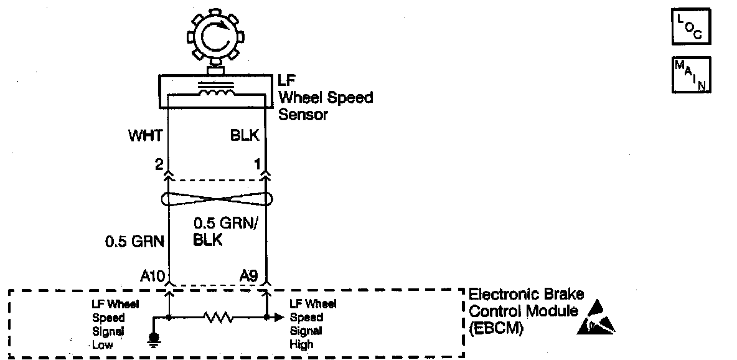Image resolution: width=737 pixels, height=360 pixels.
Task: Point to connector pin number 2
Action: tap(159, 166)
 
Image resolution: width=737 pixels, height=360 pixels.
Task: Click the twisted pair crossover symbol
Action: tap(217, 199)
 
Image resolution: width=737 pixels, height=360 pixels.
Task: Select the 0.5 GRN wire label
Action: tap(134, 242)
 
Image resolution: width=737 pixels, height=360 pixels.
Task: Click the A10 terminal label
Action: tap(152, 275)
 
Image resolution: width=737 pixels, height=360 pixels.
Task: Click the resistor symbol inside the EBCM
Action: tap(217, 318)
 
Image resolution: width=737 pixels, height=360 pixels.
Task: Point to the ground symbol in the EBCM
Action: tap(153, 339)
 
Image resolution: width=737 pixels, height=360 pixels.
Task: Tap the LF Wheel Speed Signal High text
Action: tap(313, 324)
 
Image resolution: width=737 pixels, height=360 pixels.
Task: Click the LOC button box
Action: tap(690, 27)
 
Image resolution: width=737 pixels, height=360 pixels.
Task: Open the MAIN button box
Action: tap(690, 75)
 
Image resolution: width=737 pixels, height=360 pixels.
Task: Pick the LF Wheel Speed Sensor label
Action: tap(325, 97)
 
